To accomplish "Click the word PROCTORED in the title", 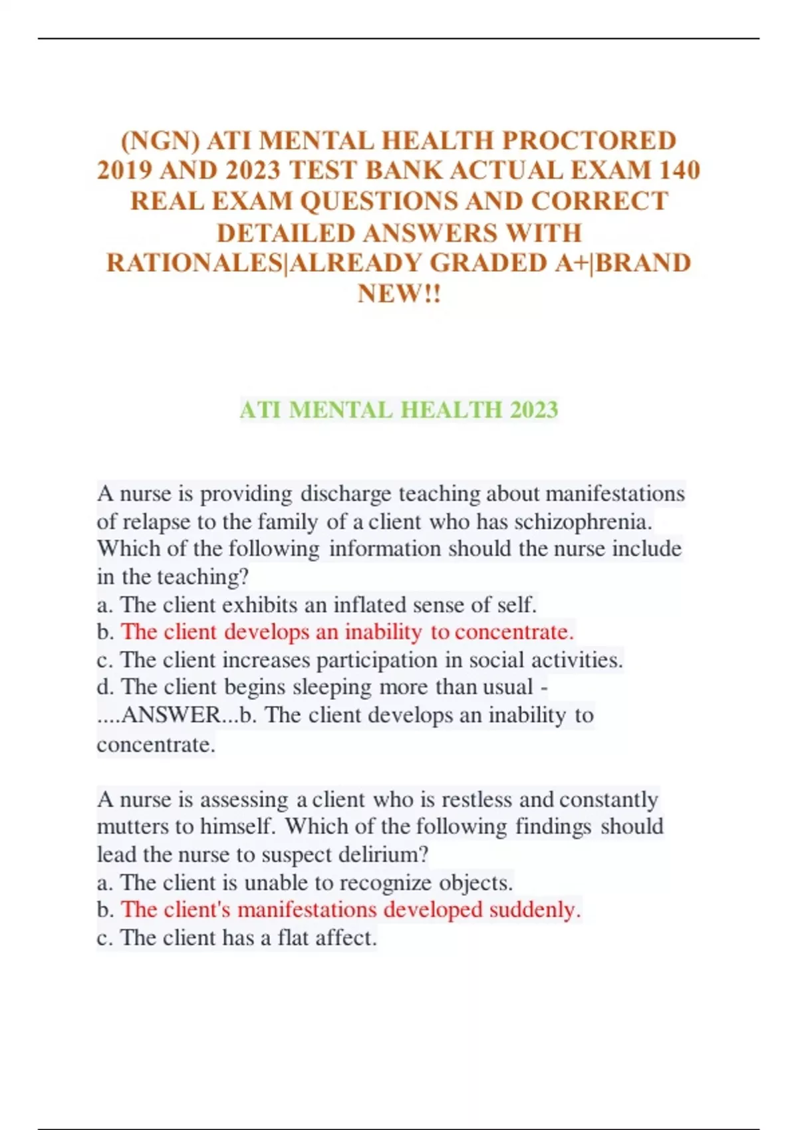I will point(589,141).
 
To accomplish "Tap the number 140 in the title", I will point(678,171).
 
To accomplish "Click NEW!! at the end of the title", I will point(399,293).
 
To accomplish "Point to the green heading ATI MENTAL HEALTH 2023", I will point(399,409).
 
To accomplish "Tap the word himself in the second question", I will point(237,826).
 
